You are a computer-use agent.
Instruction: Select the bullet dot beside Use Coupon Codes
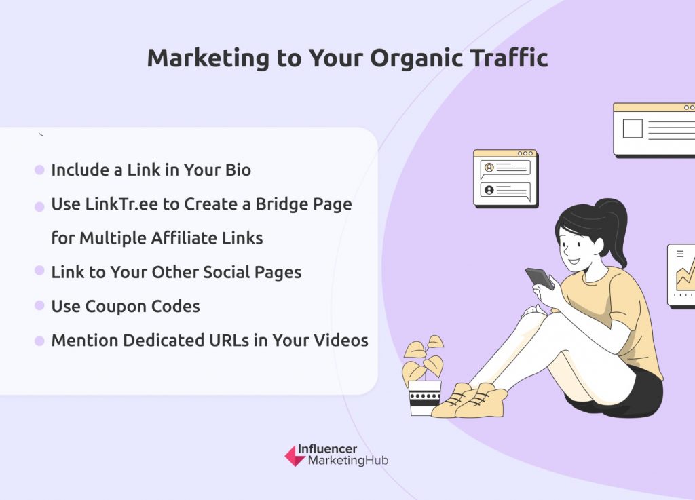pos(39,305)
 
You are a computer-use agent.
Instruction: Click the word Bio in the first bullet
pos(238,170)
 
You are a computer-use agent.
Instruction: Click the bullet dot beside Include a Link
pos(39,170)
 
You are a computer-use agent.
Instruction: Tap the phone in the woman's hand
pos(540,279)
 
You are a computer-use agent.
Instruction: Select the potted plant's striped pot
pos(425,398)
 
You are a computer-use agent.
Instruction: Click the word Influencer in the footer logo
pos(327,449)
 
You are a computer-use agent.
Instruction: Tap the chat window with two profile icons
pos(506,178)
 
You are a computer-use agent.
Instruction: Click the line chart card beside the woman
pos(681,275)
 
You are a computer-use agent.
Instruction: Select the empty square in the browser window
pos(633,128)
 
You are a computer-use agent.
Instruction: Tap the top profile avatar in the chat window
pos(489,168)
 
